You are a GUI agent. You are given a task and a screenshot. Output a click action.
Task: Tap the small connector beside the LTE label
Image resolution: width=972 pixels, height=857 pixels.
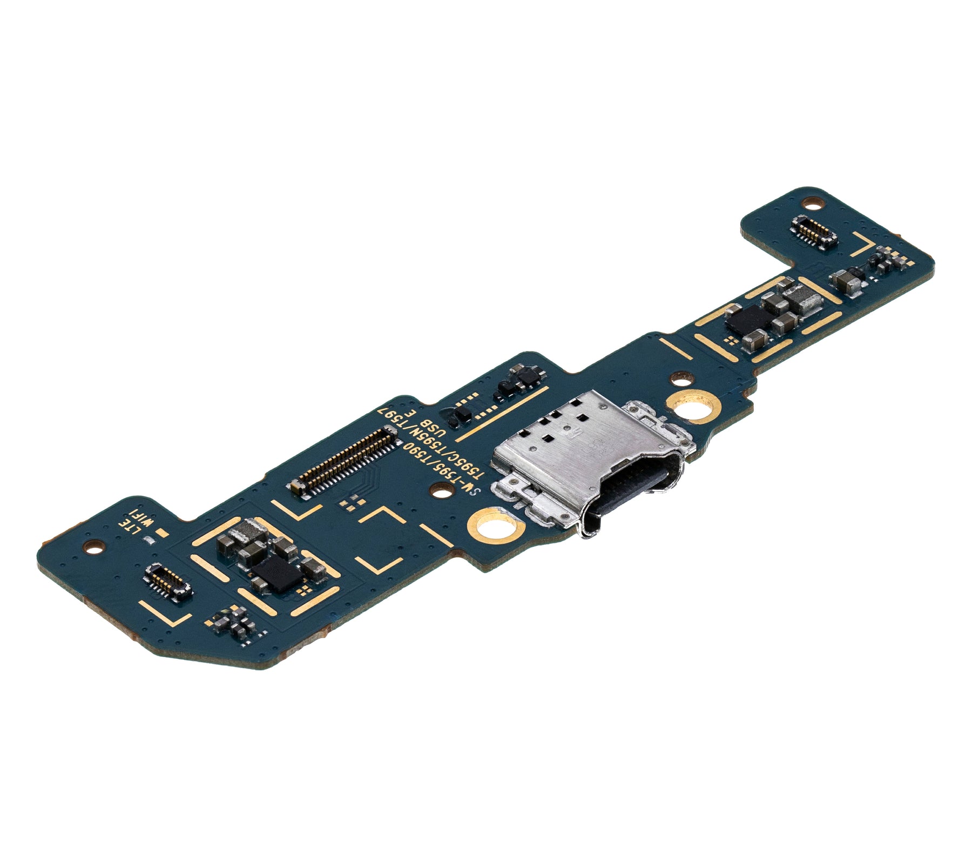167,582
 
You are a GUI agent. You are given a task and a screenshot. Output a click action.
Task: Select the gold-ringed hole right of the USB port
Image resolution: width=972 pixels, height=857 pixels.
693,406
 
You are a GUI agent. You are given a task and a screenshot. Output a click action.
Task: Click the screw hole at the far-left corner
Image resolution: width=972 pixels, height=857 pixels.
96,546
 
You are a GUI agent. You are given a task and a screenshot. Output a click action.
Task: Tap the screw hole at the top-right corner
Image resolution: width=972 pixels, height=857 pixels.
812,204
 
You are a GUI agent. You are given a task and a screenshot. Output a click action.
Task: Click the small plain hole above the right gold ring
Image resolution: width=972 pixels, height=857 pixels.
677,376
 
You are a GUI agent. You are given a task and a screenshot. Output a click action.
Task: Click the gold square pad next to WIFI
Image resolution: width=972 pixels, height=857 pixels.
159,533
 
